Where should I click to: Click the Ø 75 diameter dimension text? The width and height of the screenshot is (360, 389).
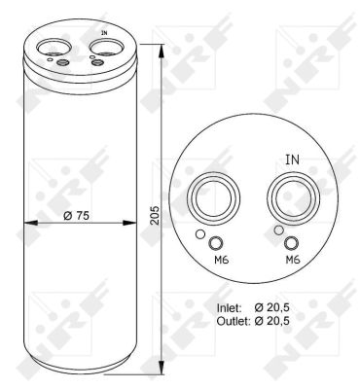pos(74,216)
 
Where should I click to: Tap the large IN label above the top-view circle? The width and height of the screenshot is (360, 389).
pos(292,159)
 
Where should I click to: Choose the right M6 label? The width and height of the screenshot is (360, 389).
pos(292,262)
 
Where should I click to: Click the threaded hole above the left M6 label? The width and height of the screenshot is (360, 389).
pos(216,243)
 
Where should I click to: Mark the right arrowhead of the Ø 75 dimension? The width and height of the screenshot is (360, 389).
pos(130,226)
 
